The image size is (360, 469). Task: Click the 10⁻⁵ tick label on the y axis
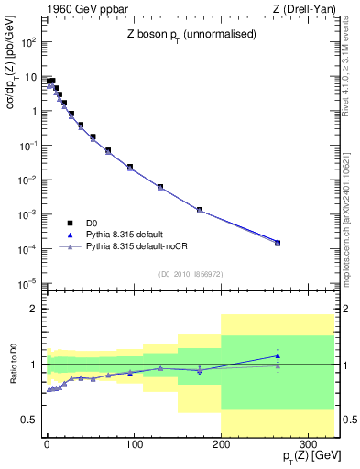pyautogui.click(x=29, y=283)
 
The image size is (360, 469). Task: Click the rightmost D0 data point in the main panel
pyautogui.click(x=278, y=243)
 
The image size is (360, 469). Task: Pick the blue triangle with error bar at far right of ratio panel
pyautogui.click(x=278, y=355)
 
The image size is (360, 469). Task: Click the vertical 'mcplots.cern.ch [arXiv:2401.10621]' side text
pyautogui.click(x=352, y=211)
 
